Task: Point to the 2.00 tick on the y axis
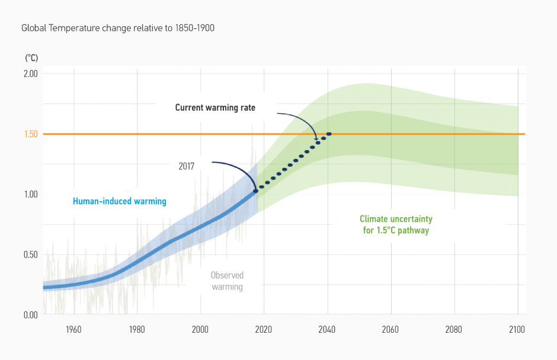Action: tap(30, 74)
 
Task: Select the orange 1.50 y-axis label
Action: tap(30, 134)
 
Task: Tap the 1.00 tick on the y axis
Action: tap(30, 195)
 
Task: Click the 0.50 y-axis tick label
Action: tap(30, 255)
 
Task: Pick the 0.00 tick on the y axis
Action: tap(30, 315)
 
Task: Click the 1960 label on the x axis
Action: tap(73, 329)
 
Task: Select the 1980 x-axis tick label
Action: tap(137, 329)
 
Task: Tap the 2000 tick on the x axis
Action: tap(200, 329)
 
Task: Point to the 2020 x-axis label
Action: tap(264, 329)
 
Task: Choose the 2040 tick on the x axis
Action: tap(327, 329)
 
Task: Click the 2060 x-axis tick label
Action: tap(390, 329)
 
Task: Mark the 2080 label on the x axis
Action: tap(454, 329)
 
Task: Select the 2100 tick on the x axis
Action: tap(517, 329)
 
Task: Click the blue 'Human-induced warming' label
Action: tap(120, 202)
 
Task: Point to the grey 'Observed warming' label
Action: tap(227, 281)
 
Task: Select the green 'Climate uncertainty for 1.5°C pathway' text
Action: tap(395, 225)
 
